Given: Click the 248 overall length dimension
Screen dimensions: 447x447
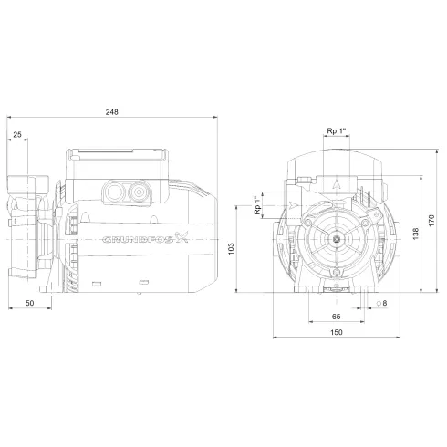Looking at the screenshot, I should click(112, 111).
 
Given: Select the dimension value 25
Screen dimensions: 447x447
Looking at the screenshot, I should click(18, 135).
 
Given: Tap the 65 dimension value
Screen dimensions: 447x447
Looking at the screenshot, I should click(336, 315).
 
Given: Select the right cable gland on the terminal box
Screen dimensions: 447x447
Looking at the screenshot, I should click(140, 192).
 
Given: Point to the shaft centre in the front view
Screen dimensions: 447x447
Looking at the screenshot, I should click(337, 239).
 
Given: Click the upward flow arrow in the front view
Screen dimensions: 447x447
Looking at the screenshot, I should click(337, 182).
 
